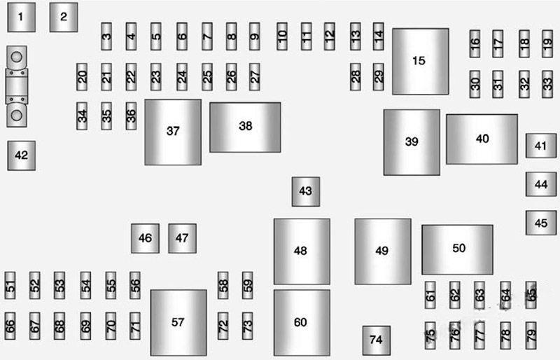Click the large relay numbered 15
[x=420, y=61]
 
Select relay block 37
[x=173, y=132]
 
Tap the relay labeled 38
[x=245, y=127]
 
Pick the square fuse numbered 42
[x=22, y=155]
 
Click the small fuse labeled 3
[x=106, y=36]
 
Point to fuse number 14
[x=379, y=36]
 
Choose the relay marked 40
[x=482, y=139]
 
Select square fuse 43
[x=305, y=191]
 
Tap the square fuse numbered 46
[x=145, y=238]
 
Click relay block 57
[x=178, y=322]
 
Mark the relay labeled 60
[x=301, y=322]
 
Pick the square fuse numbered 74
[x=376, y=340]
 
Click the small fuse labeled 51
[x=10, y=285]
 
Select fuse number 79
[x=531, y=335]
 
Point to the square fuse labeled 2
[x=63, y=17]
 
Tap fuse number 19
[x=547, y=43]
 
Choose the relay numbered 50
[x=457, y=249]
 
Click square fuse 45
[x=541, y=223]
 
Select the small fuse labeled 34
[x=83, y=116]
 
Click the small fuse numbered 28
[x=356, y=77]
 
